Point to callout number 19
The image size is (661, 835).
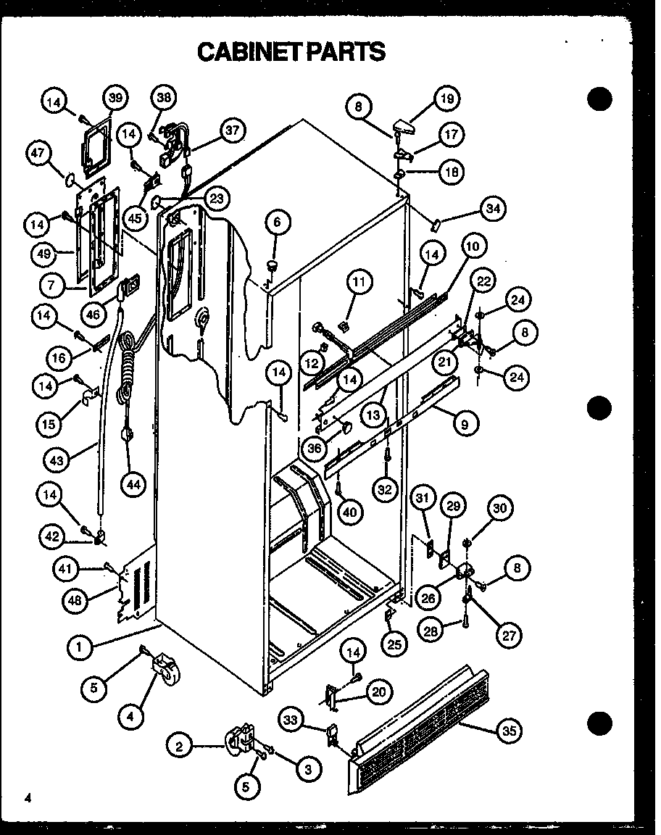click(446, 99)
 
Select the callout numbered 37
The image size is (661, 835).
click(231, 130)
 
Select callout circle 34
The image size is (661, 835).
click(493, 210)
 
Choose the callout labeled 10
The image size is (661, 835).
click(473, 246)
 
